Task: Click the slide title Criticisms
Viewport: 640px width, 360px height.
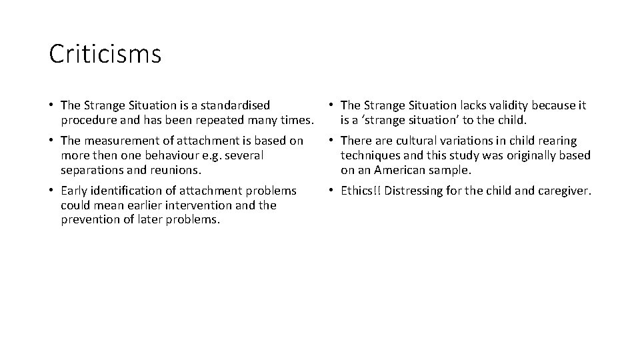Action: [x=105, y=55]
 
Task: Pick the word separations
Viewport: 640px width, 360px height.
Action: [x=92, y=170]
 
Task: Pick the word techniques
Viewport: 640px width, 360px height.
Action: [x=372, y=155]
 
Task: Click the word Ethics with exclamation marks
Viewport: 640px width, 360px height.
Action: [x=360, y=191]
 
